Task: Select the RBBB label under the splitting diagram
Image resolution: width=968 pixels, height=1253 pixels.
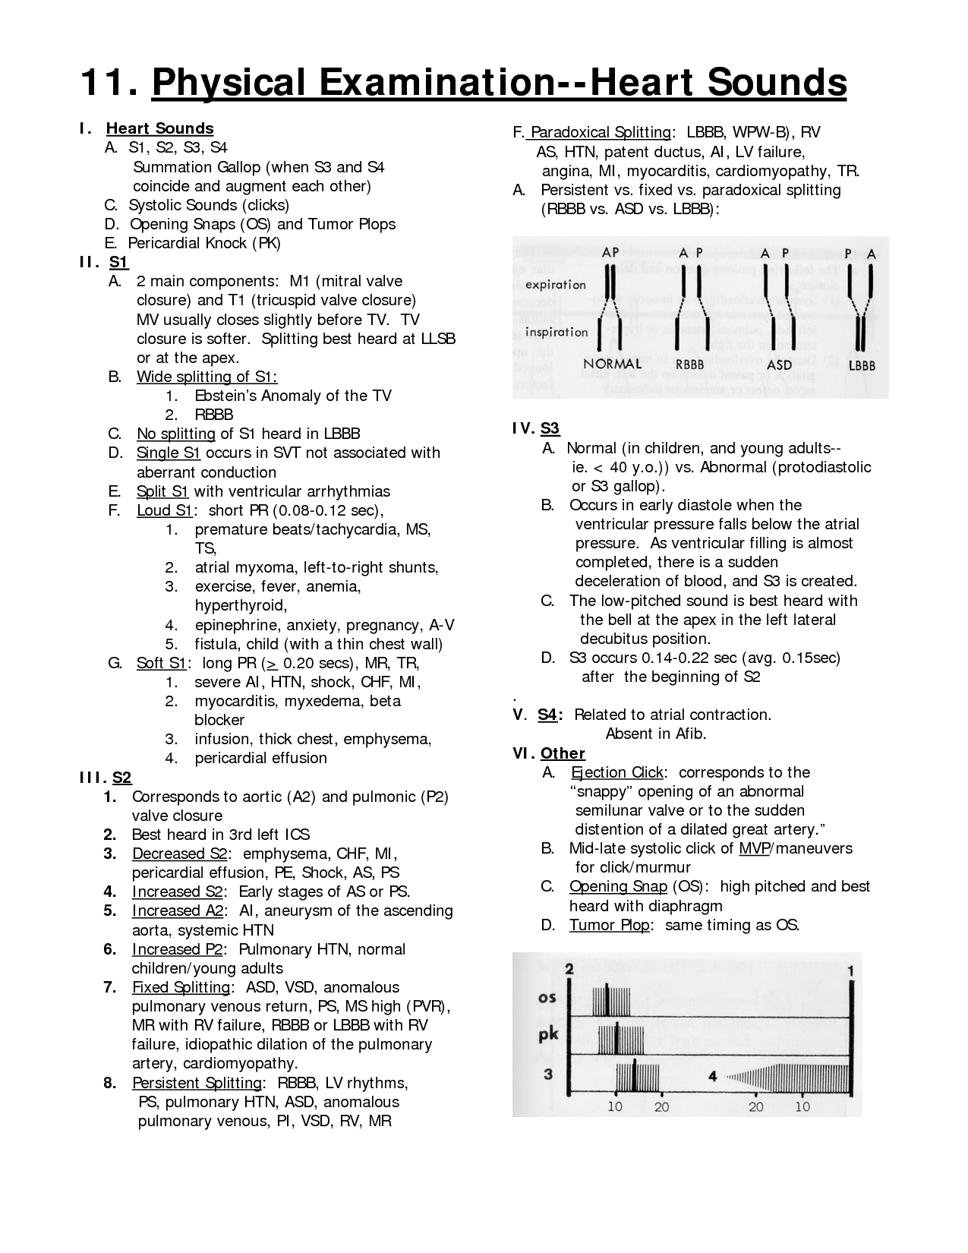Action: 689,365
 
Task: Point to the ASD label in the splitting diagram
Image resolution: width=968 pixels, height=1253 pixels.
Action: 779,365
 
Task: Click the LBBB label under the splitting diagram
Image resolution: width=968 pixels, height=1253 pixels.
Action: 862,365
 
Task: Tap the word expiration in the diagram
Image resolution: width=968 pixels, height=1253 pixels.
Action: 555,285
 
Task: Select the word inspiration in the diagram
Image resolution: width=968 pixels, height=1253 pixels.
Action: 557,332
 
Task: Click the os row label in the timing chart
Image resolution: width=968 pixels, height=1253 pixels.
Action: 547,997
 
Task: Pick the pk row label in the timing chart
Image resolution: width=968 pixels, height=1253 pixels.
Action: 548,1034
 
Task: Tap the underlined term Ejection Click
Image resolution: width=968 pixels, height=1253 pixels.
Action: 617,772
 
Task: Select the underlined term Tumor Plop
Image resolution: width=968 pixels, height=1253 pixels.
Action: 609,925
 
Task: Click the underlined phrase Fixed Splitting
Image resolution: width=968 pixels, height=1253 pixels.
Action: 181,987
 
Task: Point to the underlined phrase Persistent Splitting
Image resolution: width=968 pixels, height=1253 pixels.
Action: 197,1083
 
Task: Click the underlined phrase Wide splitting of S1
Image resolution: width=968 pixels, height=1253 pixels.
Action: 207,377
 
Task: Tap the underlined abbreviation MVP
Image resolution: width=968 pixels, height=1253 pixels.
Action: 754,848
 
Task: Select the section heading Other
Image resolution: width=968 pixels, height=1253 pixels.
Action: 563,753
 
